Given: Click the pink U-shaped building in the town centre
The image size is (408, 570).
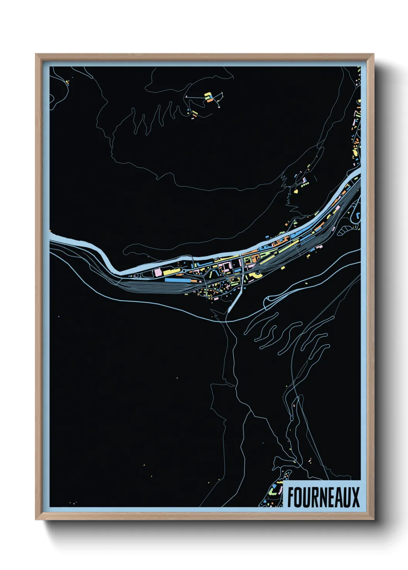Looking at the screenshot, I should [x=223, y=266].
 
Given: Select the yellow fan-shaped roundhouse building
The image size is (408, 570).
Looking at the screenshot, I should [x=256, y=275].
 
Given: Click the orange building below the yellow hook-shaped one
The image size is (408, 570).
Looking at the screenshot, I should [x=211, y=100].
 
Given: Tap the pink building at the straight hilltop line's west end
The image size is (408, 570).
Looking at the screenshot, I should [x=186, y=96].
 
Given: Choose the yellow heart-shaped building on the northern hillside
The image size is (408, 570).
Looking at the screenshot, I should [x=296, y=190].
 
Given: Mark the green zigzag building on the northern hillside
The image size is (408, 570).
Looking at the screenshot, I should [x=305, y=185].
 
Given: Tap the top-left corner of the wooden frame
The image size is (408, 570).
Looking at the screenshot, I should [x=36, y=54].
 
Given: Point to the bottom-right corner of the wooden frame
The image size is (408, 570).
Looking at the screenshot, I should [x=373, y=520].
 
